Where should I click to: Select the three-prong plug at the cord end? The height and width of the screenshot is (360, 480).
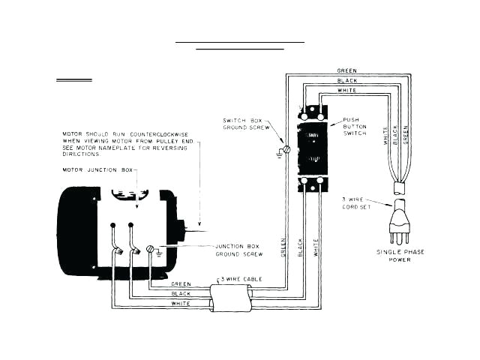click(400, 221)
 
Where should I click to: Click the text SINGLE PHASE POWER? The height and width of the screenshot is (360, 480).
click(400, 256)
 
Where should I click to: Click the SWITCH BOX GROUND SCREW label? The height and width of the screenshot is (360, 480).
click(244, 124)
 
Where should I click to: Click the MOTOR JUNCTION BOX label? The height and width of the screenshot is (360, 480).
click(97, 171)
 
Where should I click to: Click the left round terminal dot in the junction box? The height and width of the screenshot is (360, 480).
click(112, 224)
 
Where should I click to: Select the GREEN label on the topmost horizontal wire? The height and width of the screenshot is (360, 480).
click(347, 70)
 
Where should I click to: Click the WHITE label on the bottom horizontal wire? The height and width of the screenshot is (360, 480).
click(181, 304)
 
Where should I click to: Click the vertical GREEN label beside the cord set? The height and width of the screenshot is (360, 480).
click(406, 134)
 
